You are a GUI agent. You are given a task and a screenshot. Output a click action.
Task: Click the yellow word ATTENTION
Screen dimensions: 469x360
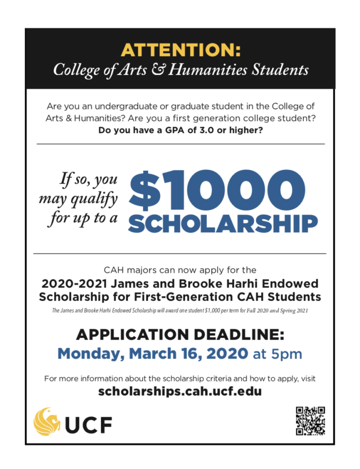click(x=180, y=49)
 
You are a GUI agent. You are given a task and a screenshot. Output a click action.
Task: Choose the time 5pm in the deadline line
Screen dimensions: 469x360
click(x=287, y=354)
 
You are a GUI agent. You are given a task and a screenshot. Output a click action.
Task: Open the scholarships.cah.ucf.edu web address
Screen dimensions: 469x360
click(x=180, y=392)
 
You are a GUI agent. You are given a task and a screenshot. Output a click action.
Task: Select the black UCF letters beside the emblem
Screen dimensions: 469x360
click(x=88, y=425)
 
